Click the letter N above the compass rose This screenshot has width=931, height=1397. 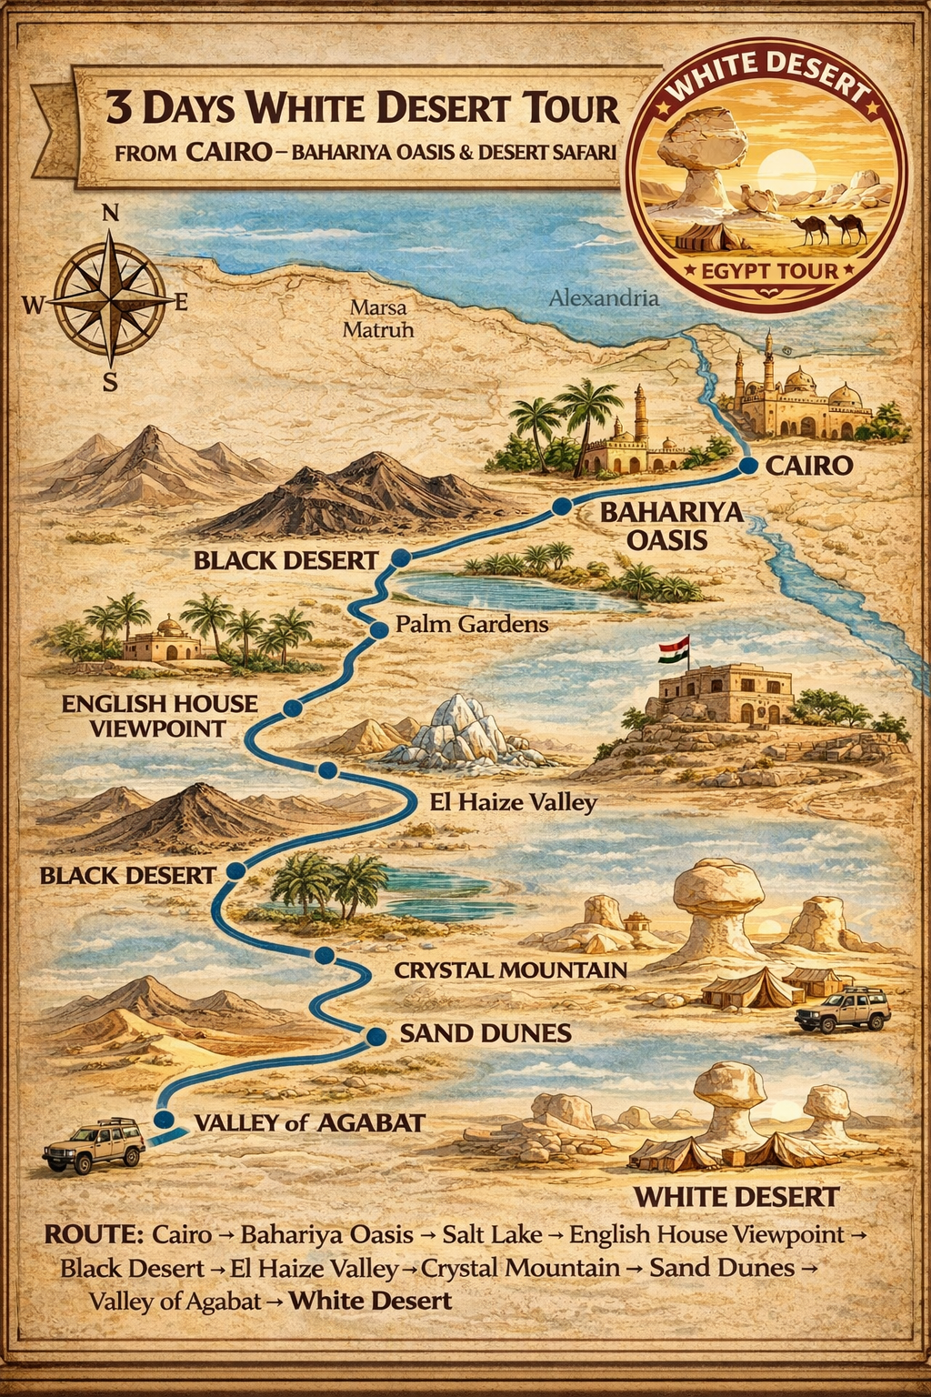(x=110, y=214)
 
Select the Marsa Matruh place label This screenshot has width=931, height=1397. (x=377, y=318)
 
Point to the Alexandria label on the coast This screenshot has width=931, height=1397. (x=604, y=297)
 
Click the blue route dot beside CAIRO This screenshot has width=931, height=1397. (x=748, y=466)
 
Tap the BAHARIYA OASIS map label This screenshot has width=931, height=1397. (x=671, y=526)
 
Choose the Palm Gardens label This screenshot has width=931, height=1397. (x=472, y=624)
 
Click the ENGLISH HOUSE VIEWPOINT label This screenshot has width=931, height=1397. (x=159, y=716)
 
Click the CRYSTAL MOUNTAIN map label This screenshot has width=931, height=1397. (x=510, y=970)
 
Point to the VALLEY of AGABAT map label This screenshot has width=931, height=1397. (x=309, y=1122)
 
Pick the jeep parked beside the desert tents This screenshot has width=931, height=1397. (x=842, y=1008)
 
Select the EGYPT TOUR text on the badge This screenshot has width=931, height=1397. (x=769, y=271)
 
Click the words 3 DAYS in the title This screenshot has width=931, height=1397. (x=170, y=108)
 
